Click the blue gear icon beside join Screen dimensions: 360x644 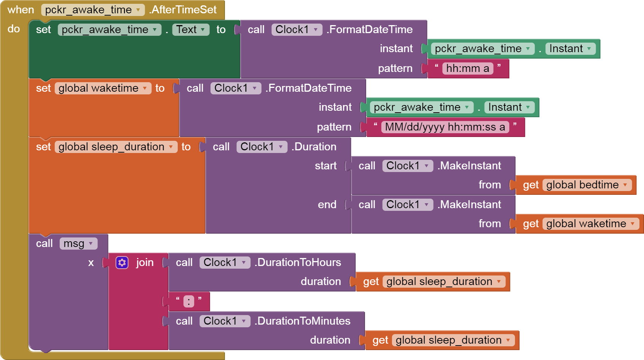pos(122,263)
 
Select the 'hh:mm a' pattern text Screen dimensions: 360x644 pos(467,68)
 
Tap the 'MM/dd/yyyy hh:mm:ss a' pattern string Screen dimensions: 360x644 pos(445,127)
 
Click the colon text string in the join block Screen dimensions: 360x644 pos(189,301)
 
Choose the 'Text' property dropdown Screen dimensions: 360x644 pos(191,30)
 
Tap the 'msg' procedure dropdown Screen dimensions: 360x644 pos(78,244)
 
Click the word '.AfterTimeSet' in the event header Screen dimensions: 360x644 pos(183,10)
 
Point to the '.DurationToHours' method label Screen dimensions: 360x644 pos(298,263)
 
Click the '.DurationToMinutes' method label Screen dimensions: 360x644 pos(303,321)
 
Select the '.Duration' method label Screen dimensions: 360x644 pos(314,147)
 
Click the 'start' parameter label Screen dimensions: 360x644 pos(326,166)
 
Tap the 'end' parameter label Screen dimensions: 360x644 pos(327,205)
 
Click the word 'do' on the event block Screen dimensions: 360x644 pos(14,29)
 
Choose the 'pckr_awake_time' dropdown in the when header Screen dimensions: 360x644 pos(92,10)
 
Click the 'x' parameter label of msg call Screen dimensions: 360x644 pos(91,263)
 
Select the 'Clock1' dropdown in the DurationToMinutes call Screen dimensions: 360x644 pos(225,321)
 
